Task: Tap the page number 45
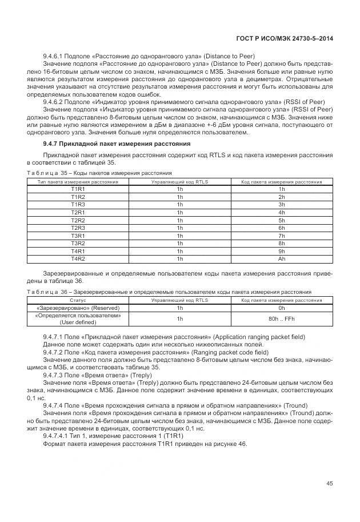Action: point(330,484)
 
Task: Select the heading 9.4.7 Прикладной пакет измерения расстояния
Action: point(117,143)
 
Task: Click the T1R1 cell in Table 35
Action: point(78,189)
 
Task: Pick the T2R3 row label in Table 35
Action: point(78,228)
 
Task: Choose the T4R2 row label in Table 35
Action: point(78,258)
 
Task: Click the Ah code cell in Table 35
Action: point(281,258)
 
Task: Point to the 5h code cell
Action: point(281,220)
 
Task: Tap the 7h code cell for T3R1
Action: point(281,236)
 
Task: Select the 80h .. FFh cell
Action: point(281,318)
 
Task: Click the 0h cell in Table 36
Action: point(281,308)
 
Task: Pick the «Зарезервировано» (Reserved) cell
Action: point(78,308)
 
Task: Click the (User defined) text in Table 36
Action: point(78,322)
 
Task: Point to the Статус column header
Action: point(78,300)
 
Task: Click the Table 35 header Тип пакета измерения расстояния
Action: point(78,181)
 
